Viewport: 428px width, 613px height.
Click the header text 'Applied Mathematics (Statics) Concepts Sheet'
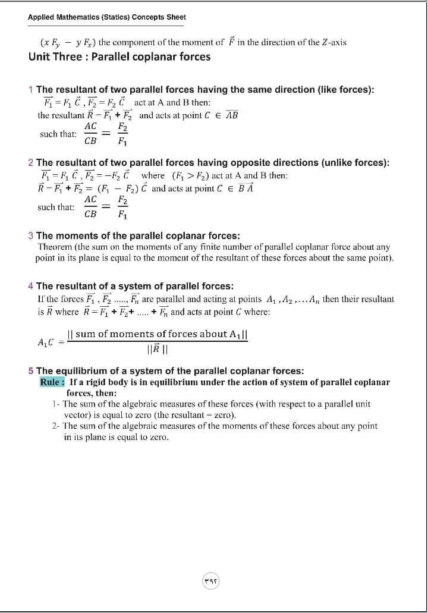(107, 17)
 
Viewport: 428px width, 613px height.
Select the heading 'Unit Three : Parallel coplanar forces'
(119, 57)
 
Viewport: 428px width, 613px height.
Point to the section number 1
(31, 90)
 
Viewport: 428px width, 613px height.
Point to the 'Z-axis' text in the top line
(333, 42)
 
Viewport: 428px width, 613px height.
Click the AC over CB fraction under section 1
(91, 134)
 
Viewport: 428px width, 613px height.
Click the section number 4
(31, 286)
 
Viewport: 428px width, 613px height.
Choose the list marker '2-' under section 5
(55, 426)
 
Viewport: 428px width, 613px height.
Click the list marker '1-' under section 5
(55, 404)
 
